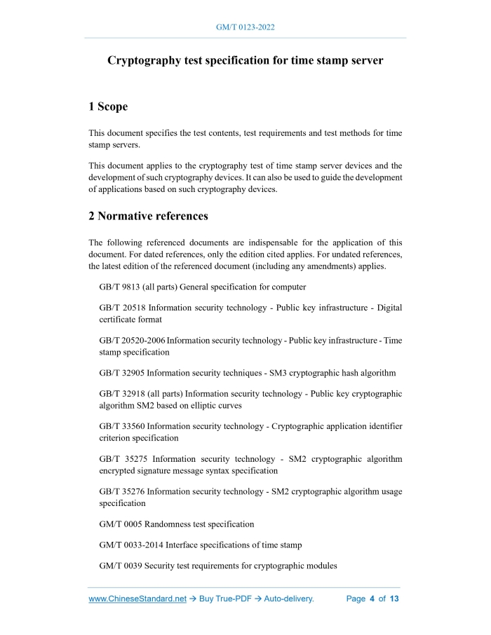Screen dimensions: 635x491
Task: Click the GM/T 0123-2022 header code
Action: click(x=245, y=27)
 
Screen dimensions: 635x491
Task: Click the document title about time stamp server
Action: click(x=245, y=60)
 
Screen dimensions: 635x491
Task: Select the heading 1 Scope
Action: click(x=108, y=107)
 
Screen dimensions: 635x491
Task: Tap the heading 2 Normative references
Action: click(x=148, y=215)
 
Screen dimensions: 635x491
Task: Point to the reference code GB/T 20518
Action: click(x=123, y=308)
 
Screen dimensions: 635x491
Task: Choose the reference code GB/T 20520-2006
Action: click(x=132, y=340)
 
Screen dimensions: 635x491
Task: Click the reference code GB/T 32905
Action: click(x=123, y=373)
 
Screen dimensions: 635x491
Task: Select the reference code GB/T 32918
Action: click(x=123, y=394)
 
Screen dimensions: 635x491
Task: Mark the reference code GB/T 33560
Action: click(x=123, y=426)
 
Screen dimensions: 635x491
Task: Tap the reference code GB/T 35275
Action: click(x=123, y=459)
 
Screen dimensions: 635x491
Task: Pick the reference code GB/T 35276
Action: click(x=123, y=491)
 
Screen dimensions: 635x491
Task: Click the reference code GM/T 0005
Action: click(x=122, y=524)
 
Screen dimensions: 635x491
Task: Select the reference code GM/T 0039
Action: click(x=122, y=566)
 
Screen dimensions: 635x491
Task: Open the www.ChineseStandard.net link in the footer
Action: click(x=137, y=599)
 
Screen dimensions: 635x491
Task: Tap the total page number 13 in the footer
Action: click(x=394, y=599)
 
